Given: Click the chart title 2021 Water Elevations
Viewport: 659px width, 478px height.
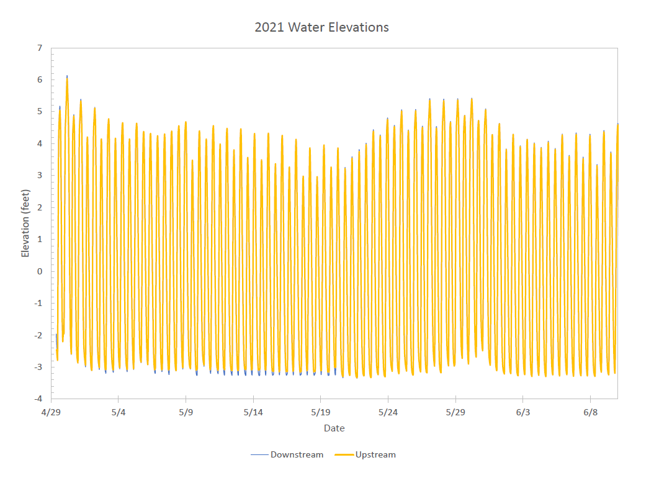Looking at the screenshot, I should [x=321, y=27].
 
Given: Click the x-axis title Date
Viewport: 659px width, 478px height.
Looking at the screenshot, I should [x=334, y=428].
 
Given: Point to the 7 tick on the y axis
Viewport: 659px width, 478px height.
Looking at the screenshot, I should [x=40, y=48].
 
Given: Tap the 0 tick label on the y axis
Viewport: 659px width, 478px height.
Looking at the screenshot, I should [x=40, y=271].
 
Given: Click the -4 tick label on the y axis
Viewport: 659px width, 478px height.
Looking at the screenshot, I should [x=38, y=399].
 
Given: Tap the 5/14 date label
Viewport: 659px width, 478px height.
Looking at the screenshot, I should [x=253, y=412].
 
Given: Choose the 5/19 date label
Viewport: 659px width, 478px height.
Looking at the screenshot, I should [x=321, y=412].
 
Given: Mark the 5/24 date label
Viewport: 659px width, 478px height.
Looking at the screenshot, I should [x=388, y=412].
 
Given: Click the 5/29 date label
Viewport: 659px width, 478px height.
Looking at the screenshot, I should [x=455, y=412].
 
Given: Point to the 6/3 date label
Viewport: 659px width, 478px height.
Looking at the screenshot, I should [x=523, y=412].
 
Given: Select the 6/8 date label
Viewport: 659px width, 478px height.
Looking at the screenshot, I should [x=590, y=412].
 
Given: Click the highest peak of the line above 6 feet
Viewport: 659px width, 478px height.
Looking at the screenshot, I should [x=67, y=77].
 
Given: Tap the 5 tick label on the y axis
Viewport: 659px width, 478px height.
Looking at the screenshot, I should [x=40, y=112].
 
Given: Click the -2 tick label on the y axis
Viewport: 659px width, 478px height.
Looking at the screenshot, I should [x=38, y=335].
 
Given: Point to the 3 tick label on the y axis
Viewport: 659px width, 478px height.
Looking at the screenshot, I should [x=40, y=176].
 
